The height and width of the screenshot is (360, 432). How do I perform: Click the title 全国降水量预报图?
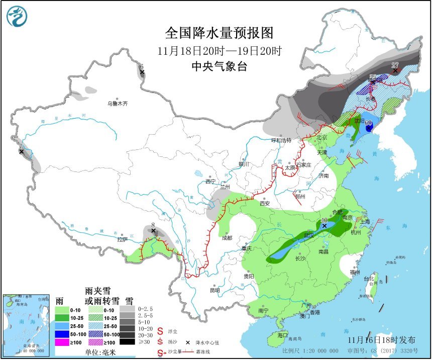(x=220, y=33)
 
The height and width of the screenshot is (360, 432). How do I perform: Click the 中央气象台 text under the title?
(x=220, y=66)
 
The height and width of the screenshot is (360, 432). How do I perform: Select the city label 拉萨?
(x=123, y=240)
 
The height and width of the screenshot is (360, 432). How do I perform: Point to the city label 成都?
(x=226, y=237)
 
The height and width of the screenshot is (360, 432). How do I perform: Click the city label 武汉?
(x=310, y=235)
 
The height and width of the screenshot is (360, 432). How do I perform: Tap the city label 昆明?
(x=215, y=291)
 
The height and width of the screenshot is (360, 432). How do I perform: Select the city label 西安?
(x=265, y=204)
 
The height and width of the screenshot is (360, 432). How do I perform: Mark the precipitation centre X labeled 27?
(x=395, y=70)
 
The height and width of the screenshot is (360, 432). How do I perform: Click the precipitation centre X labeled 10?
(x=325, y=226)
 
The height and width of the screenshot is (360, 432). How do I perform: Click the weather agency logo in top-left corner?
(x=17, y=16)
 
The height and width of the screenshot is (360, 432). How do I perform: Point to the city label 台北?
(x=369, y=279)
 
